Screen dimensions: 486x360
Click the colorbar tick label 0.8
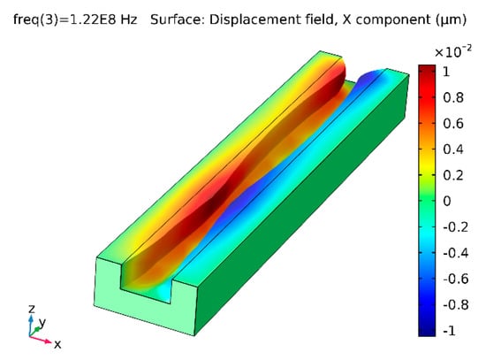(453, 98)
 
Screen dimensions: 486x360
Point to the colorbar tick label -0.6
(456, 279)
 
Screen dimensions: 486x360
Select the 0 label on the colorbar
(446, 201)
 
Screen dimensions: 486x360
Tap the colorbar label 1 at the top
(446, 72)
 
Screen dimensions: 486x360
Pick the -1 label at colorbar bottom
(450, 331)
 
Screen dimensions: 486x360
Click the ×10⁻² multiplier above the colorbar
(452, 52)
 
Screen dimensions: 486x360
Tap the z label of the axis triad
(31, 309)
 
